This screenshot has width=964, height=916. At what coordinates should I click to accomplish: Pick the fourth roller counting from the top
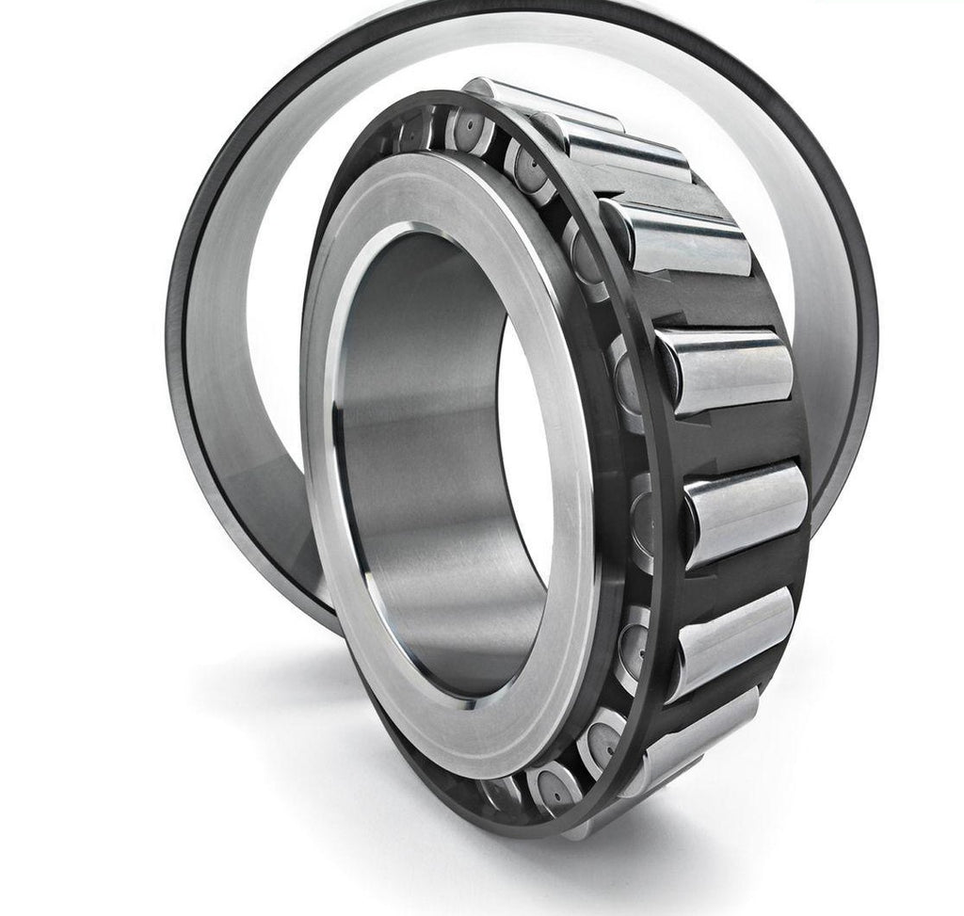(725, 367)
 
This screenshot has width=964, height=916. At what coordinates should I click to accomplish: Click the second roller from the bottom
(734, 640)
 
